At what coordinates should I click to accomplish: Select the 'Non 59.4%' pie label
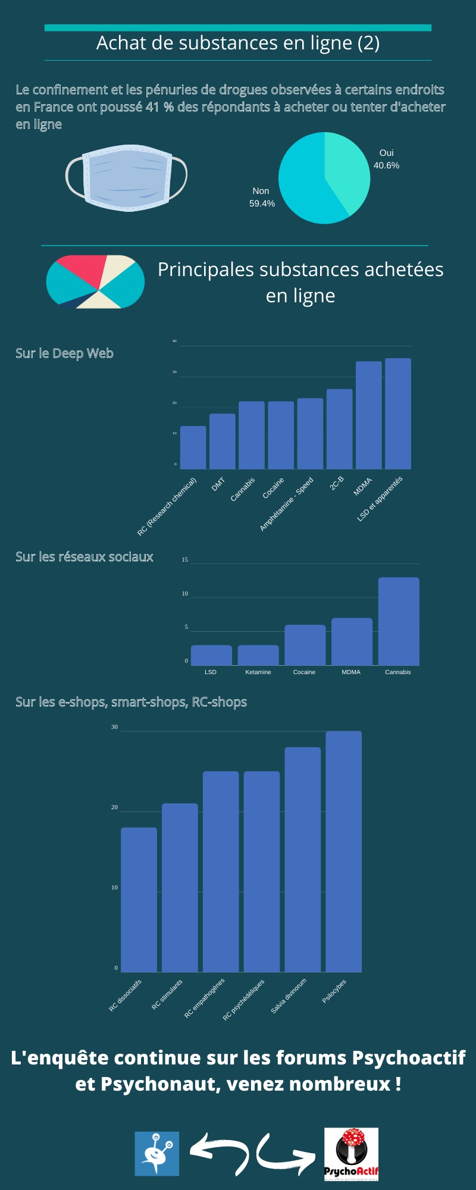pyautogui.click(x=262, y=197)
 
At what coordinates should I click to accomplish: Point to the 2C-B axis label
pyautogui.click(x=337, y=483)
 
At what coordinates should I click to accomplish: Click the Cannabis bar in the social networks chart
pyautogui.click(x=398, y=621)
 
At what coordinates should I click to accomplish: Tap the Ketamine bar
pyautogui.click(x=258, y=655)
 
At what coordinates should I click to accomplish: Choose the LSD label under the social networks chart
pyautogui.click(x=211, y=672)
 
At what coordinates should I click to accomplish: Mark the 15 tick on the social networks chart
pyautogui.click(x=185, y=560)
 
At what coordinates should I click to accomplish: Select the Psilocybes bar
pyautogui.click(x=343, y=851)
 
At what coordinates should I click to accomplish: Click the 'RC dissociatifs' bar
pyautogui.click(x=139, y=899)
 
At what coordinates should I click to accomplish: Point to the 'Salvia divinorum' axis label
pyautogui.click(x=289, y=995)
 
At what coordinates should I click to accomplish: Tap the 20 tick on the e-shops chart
pyautogui.click(x=114, y=807)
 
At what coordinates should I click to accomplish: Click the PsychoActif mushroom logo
pyautogui.click(x=351, y=1154)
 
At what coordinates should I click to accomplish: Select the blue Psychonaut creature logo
pyautogui.click(x=157, y=1154)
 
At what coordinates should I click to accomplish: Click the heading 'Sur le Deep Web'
pyautogui.click(x=64, y=353)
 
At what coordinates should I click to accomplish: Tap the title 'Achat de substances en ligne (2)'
pyautogui.click(x=238, y=43)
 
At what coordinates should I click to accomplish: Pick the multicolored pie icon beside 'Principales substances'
pyautogui.click(x=95, y=281)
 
